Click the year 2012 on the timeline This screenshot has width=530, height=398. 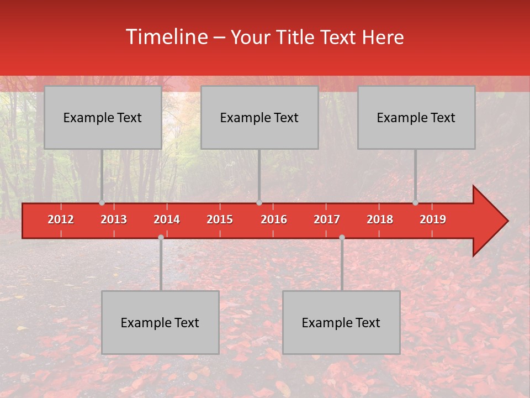click(x=61, y=219)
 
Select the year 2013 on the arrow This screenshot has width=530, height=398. click(x=114, y=219)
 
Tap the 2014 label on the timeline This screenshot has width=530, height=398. click(x=167, y=219)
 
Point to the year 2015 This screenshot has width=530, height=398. click(x=220, y=219)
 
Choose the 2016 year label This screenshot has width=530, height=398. click(x=274, y=219)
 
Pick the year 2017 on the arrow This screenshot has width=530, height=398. click(x=327, y=219)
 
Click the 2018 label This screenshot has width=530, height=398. click(x=380, y=219)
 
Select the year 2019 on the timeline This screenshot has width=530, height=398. click(x=433, y=219)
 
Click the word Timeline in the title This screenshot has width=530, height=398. click(x=166, y=37)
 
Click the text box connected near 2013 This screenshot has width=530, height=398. click(x=103, y=117)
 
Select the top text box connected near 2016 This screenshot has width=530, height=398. click(x=259, y=117)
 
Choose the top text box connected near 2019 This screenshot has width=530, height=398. click(x=416, y=117)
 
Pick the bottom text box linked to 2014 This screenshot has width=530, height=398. click(x=160, y=322)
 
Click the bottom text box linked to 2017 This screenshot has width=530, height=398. click(x=341, y=322)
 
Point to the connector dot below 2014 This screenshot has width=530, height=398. click(x=161, y=237)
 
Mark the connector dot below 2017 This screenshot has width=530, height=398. click(x=342, y=237)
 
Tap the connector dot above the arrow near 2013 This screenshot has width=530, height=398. click(x=102, y=203)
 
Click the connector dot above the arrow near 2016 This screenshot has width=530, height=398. click(x=259, y=203)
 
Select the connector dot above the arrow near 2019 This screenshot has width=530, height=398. click(x=416, y=203)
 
